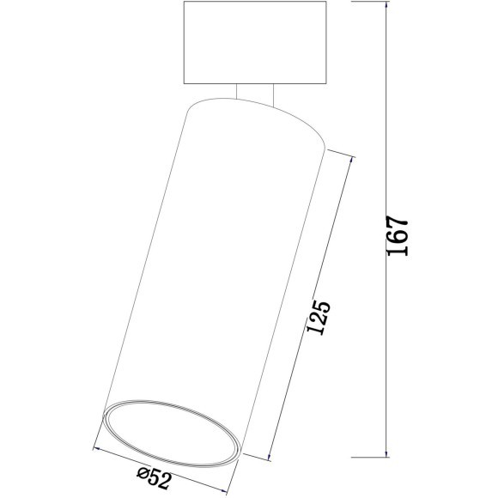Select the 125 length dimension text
tap(317, 317)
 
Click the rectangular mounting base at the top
tap(255, 44)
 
